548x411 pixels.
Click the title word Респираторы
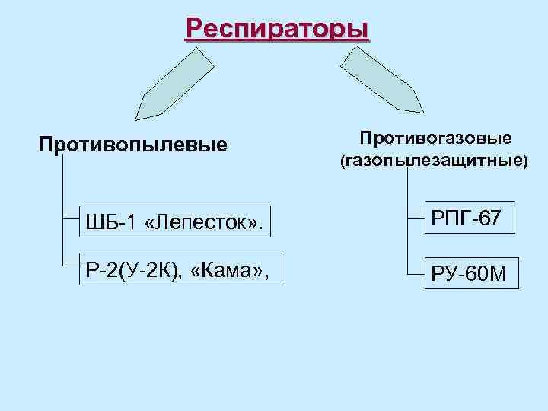coord(277,30)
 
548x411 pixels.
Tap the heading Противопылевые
coord(133,144)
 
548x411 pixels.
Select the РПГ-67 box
coord(466,218)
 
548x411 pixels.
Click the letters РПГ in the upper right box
coord(449,218)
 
